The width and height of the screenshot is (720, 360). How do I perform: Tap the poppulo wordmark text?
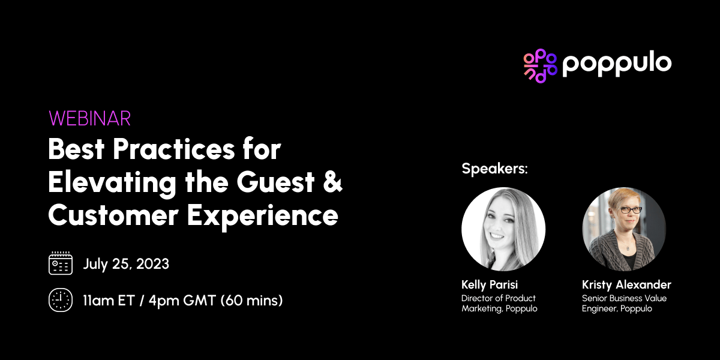click(617, 64)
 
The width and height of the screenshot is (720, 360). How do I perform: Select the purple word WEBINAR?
click(90, 118)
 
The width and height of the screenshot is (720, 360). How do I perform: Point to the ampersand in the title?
click(333, 182)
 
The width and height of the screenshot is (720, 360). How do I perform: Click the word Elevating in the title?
click(110, 182)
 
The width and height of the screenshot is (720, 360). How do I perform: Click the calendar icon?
click(60, 263)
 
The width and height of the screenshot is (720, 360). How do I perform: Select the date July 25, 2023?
click(126, 264)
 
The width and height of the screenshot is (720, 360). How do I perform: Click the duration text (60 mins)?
click(252, 300)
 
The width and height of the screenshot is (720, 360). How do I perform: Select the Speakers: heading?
click(494, 169)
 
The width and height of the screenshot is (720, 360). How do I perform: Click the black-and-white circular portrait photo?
click(503, 229)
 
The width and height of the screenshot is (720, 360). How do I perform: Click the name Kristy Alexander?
click(626, 284)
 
